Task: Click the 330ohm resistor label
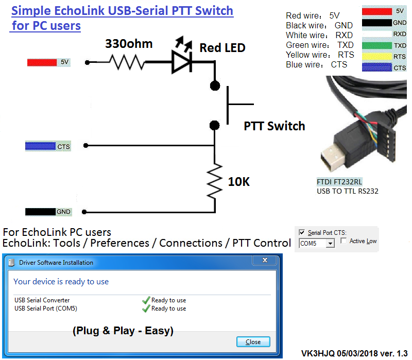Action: click(x=129, y=44)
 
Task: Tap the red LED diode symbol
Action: click(x=182, y=62)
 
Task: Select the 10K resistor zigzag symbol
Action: click(x=215, y=181)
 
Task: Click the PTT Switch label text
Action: click(x=274, y=126)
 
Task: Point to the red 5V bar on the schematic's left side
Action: click(x=42, y=62)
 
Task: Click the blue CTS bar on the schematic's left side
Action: click(x=41, y=146)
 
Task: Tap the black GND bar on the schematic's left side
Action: click(x=41, y=212)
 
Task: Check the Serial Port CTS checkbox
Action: click(x=302, y=233)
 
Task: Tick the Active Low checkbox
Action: click(x=344, y=241)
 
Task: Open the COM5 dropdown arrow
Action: click(x=330, y=243)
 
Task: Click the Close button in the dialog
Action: click(x=253, y=341)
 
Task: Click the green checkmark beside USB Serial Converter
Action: click(x=146, y=300)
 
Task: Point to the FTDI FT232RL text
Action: click(x=339, y=182)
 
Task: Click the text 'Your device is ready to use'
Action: click(x=61, y=282)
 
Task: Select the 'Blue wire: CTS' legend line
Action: click(x=316, y=65)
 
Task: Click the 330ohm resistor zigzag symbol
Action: click(x=126, y=62)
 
